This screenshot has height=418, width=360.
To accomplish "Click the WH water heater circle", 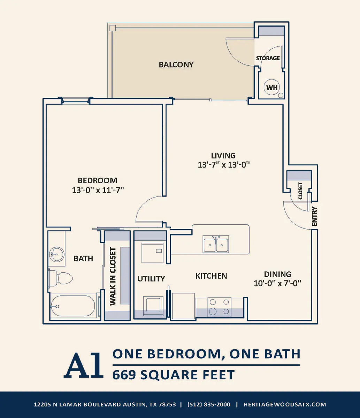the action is pos(272,87).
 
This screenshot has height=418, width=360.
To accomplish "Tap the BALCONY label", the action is pos(176,65).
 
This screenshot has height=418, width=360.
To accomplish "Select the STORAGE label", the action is pos(268,58).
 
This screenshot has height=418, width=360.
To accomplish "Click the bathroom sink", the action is pos(57,254).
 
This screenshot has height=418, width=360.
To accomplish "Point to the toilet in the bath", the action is pos(61,278).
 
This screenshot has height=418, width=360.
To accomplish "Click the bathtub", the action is pos(73,306).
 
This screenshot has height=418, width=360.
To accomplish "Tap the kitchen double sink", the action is pos(216,244).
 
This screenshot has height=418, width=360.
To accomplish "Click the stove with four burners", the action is pos(219,307).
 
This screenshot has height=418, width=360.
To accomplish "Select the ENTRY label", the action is pos(314,216).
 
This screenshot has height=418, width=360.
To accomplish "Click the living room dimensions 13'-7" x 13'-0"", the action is pos(224,165).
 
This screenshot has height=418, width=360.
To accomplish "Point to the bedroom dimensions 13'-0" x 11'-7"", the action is pos(98,190).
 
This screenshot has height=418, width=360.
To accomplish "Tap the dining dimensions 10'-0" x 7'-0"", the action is pos(277,283).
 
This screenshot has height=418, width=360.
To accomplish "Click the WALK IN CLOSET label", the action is pos(113,276).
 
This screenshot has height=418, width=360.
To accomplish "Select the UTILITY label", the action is pos(151,279).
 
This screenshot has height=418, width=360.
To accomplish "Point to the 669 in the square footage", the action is pos(124,375).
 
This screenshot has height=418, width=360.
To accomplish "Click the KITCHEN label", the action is pos(211,276).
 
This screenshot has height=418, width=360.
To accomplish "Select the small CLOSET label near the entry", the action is pos(300,191).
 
